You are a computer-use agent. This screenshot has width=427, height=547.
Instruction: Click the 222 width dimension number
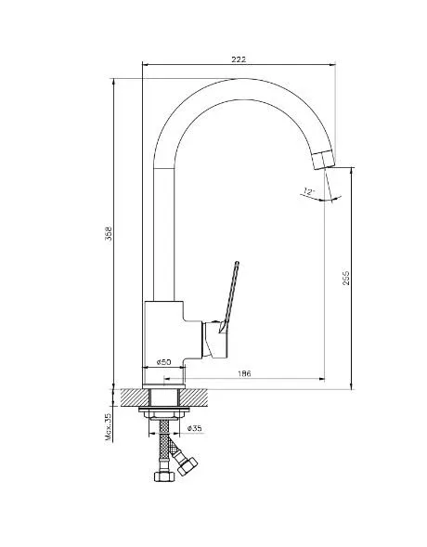click(239, 59)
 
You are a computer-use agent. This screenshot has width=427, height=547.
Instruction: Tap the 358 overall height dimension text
click(110, 233)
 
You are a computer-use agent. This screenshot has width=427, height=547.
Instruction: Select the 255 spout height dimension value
click(345, 278)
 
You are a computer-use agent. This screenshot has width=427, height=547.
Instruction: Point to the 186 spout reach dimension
click(244, 373)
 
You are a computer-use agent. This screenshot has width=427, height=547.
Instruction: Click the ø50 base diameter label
click(163, 362)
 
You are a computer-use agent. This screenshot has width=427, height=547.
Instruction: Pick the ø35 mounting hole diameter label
click(195, 428)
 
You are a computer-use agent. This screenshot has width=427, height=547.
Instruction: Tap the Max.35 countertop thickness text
click(110, 427)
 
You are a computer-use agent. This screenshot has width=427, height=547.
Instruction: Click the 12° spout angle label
click(308, 191)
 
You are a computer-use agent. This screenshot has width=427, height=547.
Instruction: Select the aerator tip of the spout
click(324, 160)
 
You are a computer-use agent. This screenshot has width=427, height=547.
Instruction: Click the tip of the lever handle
click(237, 263)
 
